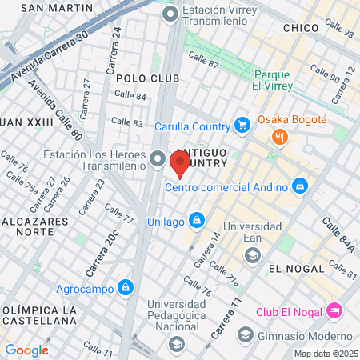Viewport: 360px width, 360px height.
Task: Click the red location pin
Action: click(179, 163)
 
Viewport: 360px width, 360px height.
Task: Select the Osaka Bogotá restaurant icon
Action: click(279, 136)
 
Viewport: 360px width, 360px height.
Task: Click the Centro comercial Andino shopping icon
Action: click(299, 186)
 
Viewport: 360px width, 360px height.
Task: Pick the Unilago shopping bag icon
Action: click(196, 220)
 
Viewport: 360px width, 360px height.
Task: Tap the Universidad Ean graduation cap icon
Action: click(252, 254)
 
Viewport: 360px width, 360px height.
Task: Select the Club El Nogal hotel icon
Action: click(334, 310)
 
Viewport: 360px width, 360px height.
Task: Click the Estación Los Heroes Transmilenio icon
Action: click(157, 159)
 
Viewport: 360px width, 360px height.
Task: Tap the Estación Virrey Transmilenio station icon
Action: click(170, 14)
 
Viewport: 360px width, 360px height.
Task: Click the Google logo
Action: click(26, 350)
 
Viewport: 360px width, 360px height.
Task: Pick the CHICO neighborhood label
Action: click(302, 28)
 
